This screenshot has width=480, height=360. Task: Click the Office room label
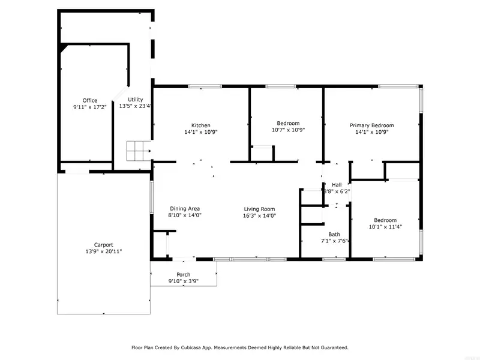point(90,100)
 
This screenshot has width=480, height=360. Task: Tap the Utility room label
point(136,100)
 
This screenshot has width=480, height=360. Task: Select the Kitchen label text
point(201,125)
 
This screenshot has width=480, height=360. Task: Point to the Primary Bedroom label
point(371,125)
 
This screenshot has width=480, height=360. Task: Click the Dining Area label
point(185,208)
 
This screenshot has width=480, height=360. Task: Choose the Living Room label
point(259,209)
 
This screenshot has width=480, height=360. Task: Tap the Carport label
point(103,245)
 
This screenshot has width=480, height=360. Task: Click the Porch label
point(184,275)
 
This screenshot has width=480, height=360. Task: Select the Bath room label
point(334,235)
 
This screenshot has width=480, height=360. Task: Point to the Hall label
point(337,185)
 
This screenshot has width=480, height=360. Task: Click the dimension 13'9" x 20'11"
point(103,251)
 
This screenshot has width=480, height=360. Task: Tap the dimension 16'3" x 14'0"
point(259,215)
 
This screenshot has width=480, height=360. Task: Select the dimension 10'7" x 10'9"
point(288,130)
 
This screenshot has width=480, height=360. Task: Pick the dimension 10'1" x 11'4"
point(385,227)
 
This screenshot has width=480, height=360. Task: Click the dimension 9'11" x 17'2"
point(89,107)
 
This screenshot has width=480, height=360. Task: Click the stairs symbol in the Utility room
point(139,151)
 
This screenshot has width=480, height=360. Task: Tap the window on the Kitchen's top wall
point(205,86)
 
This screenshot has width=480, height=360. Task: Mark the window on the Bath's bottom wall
point(334,259)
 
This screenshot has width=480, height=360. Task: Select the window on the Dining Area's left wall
point(151,197)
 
